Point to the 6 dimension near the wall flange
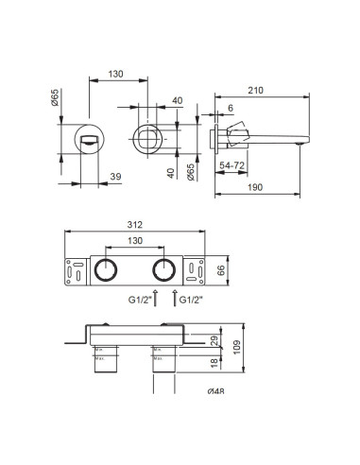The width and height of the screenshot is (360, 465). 230,109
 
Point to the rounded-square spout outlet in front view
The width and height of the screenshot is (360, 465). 151,138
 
